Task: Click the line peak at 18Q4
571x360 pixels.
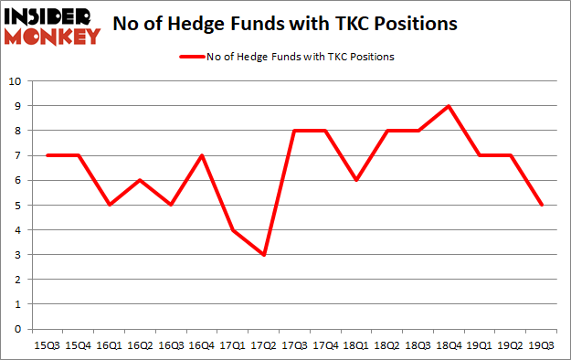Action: click(x=448, y=106)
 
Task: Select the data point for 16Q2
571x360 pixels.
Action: click(x=140, y=180)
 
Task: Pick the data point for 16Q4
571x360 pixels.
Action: click(x=203, y=155)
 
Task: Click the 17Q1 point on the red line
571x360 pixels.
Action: click(x=234, y=229)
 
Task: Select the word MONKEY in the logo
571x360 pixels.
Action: click(x=54, y=37)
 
